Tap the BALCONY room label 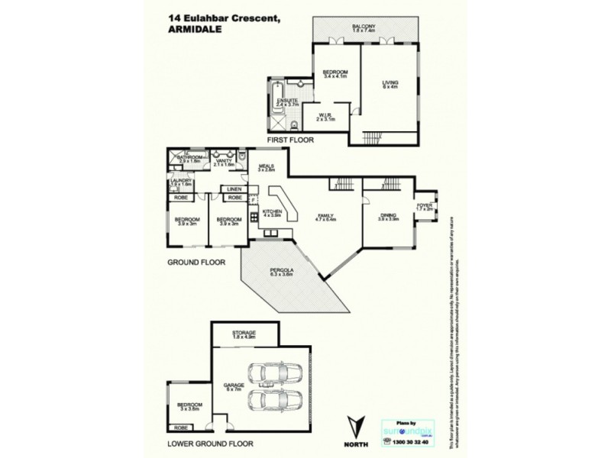(x=364, y=27)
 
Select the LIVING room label (x=390, y=82)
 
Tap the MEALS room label (x=267, y=166)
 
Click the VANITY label (x=224, y=160)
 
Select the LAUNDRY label (x=181, y=180)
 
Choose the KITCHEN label (x=273, y=211)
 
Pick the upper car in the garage (x=275, y=373)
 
